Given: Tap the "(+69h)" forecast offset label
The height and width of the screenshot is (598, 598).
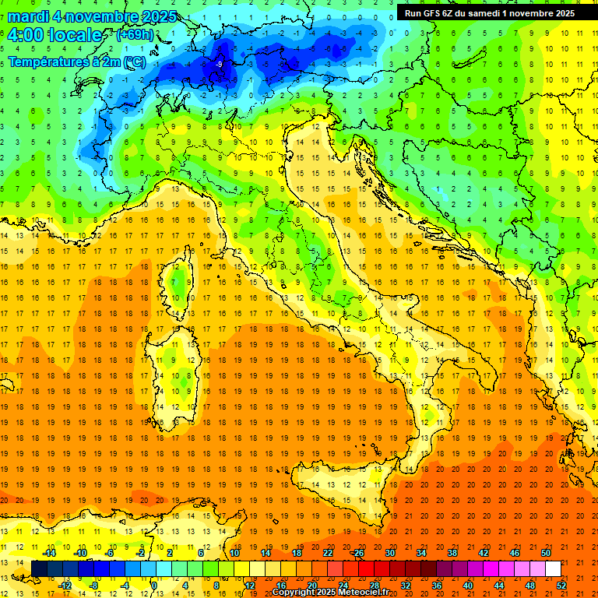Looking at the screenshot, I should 135,35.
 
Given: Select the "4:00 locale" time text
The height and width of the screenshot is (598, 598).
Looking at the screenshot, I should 55,35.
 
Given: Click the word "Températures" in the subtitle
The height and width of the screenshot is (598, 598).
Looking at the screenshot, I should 48,62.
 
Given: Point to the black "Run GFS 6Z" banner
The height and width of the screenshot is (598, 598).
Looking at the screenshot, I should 490,12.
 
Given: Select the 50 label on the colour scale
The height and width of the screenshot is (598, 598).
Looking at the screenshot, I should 545,553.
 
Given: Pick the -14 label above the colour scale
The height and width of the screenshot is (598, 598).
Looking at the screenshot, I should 48,553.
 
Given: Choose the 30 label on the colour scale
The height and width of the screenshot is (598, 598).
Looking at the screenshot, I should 390,553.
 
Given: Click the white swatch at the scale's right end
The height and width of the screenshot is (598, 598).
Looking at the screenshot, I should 553,568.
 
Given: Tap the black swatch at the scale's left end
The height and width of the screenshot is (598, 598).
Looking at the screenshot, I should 40,568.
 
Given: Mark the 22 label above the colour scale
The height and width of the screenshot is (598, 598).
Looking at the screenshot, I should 328,553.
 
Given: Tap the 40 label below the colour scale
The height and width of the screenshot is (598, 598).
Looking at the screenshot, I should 468,585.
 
